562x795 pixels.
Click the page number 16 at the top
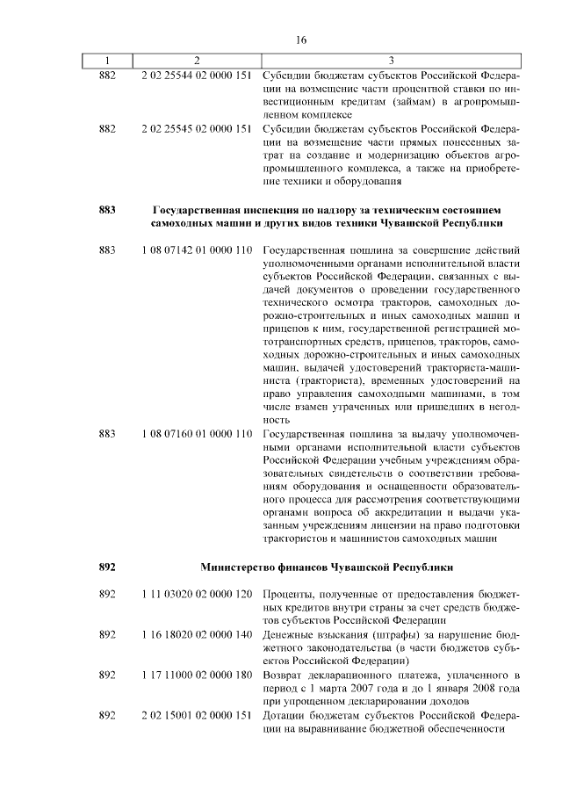[x=301, y=40]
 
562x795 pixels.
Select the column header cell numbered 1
[x=107, y=61]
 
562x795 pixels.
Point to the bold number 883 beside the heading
[x=107, y=211]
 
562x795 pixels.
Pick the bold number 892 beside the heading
[x=107, y=567]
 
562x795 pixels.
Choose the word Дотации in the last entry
[x=285, y=715]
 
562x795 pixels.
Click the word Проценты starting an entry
[x=291, y=595]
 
